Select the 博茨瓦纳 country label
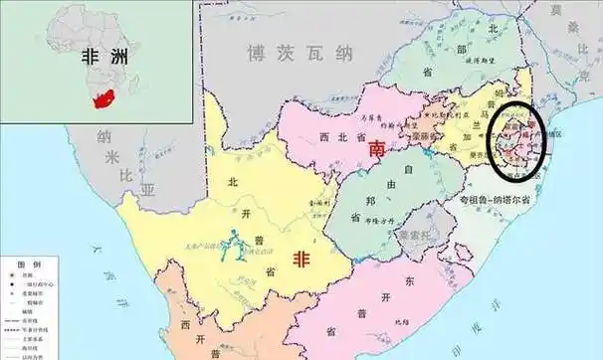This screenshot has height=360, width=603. [302, 53]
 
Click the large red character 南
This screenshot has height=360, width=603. [377, 149]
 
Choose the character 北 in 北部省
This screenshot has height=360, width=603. [490, 29]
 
